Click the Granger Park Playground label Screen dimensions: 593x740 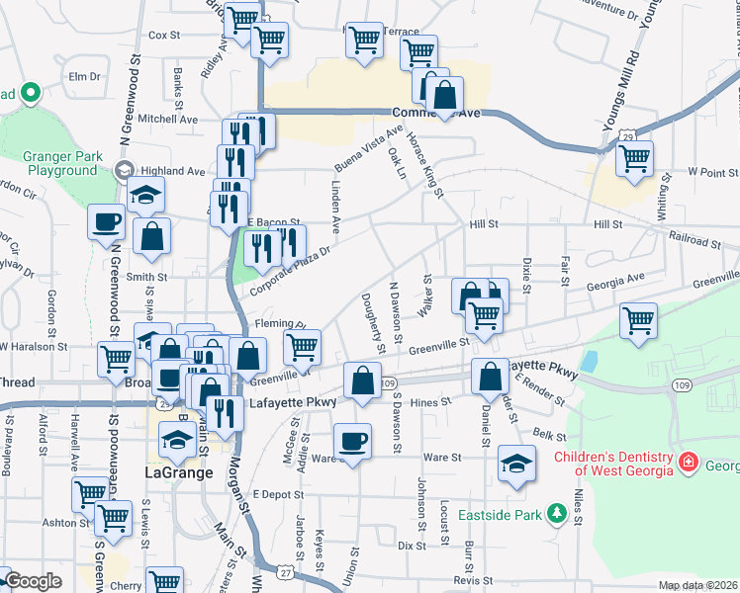point(60,163)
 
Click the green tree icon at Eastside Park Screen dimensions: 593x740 point(558,514)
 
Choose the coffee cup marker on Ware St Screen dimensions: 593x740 point(351,440)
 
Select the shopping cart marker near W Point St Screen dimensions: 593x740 point(634,157)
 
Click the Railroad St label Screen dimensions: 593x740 point(694,240)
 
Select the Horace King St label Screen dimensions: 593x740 point(424,164)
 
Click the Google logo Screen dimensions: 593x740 point(33,581)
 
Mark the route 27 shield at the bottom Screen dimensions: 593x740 point(286,571)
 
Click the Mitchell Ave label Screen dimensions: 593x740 point(167,119)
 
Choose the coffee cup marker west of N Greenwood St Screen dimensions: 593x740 point(107,221)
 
